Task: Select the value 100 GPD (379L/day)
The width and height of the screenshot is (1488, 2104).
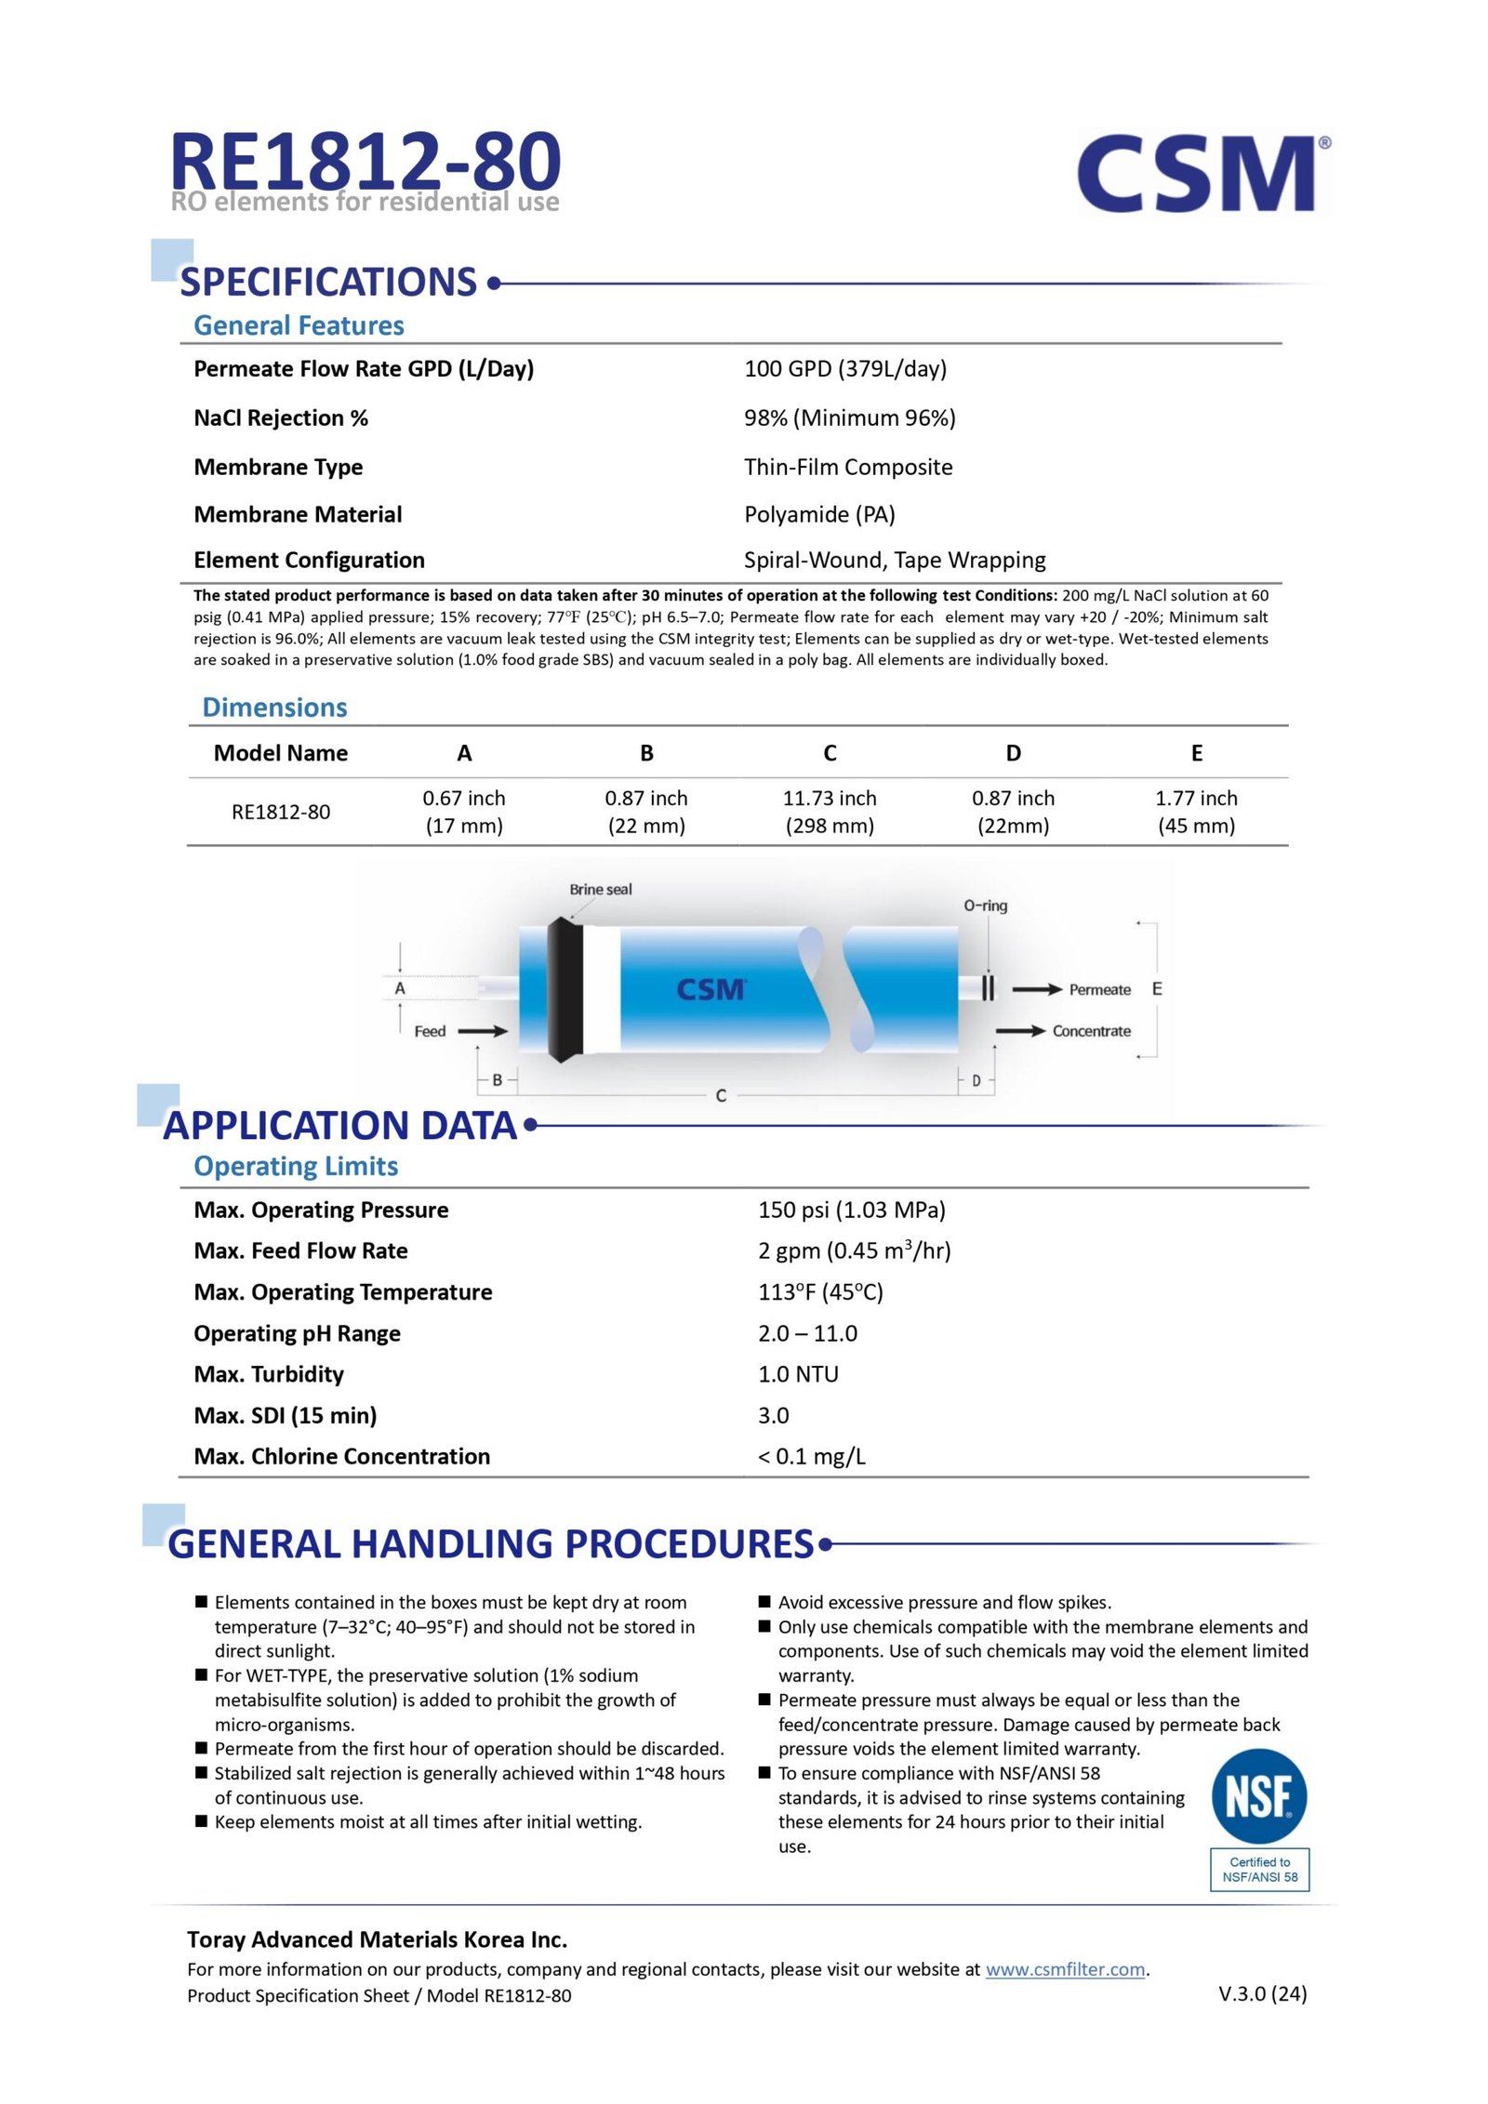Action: (844, 369)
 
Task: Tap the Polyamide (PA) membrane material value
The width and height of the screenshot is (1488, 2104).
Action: (818, 514)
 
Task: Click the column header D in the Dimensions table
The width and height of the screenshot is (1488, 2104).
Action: (1013, 753)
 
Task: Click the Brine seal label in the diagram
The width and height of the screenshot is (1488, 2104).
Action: (600, 889)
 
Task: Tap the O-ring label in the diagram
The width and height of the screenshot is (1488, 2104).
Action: (985, 905)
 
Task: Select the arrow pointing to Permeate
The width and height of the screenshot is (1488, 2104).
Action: (1036, 989)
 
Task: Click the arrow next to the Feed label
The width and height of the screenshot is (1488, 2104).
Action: (483, 1030)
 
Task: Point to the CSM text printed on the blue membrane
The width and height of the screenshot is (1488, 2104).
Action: (711, 988)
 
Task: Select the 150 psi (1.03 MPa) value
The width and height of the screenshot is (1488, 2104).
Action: (851, 1210)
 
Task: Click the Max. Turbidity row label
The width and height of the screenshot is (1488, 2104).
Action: (269, 1374)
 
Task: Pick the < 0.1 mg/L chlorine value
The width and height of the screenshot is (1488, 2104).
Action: (811, 1456)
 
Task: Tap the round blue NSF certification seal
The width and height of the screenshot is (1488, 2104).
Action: (1258, 1796)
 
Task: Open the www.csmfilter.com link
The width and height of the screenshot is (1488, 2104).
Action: (1065, 1969)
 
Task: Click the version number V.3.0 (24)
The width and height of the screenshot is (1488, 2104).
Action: (1262, 1993)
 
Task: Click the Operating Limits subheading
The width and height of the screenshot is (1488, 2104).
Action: (296, 1166)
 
